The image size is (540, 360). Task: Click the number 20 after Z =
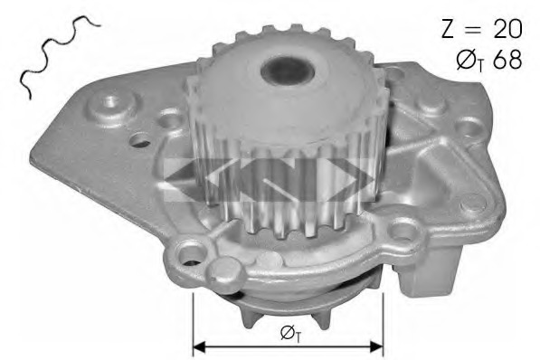point(508,29)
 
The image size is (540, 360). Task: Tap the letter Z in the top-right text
point(449,29)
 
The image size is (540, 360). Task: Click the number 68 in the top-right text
point(507,60)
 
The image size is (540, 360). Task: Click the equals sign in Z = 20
point(475,29)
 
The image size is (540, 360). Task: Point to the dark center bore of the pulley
point(288,71)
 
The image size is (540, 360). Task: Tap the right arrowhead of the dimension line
point(376,346)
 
